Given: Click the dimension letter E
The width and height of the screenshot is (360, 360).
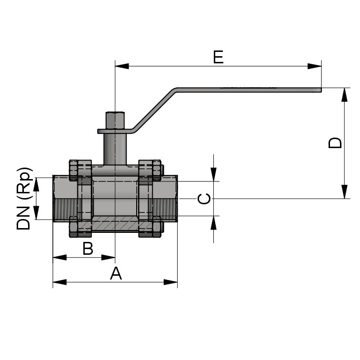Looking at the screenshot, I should click(218, 57).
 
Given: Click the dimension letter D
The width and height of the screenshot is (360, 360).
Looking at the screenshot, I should click(336, 143).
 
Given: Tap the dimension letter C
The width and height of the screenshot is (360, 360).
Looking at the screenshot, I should click(204, 199).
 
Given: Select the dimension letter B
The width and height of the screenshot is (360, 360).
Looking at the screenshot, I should click(88, 248).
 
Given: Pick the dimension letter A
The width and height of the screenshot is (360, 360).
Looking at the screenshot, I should click(116, 274).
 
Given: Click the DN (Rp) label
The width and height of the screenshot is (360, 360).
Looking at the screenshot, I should click(25, 199).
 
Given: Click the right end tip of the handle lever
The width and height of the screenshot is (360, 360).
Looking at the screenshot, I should click(320, 89).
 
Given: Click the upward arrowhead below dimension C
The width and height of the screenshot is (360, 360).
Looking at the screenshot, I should click(213, 222).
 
